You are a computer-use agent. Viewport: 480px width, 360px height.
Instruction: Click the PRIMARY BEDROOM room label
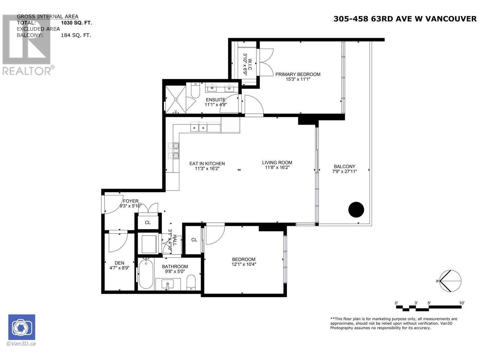(x=298, y=74)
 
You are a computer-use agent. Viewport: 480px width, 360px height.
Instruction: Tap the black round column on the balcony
(x=356, y=209)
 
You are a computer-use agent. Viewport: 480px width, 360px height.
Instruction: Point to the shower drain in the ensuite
(x=175, y=100)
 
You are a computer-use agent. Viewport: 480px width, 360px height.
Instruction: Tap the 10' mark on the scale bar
(x=462, y=303)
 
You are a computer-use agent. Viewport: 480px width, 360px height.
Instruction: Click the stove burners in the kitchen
(x=173, y=150)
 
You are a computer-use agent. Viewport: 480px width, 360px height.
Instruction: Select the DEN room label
(x=119, y=263)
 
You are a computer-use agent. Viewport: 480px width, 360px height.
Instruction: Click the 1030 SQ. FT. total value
(x=76, y=23)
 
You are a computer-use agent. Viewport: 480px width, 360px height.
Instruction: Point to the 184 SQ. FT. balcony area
(x=76, y=35)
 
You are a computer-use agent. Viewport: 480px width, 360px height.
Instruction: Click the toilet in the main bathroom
(x=191, y=282)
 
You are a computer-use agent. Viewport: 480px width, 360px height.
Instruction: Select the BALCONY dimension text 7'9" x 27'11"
(x=344, y=171)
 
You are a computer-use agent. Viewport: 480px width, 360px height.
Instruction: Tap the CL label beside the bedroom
(x=194, y=240)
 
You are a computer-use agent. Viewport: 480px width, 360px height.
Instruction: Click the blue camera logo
(x=22, y=327)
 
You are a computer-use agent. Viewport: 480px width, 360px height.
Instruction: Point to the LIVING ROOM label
(x=277, y=163)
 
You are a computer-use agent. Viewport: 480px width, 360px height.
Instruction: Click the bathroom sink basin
(x=167, y=284)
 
